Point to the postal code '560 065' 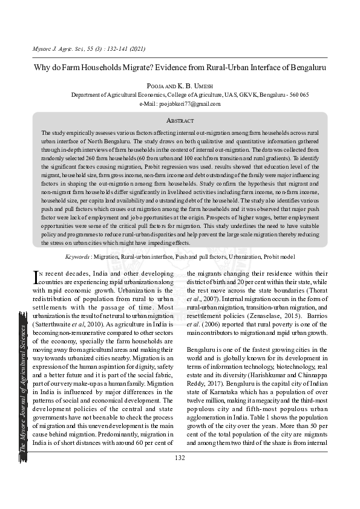pyautogui.click(x=299, y=95)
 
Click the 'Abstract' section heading pyautogui.click(x=180, y=121)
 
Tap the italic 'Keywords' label pyautogui.click(x=79, y=256)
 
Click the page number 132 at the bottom pyautogui.click(x=180, y=458)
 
